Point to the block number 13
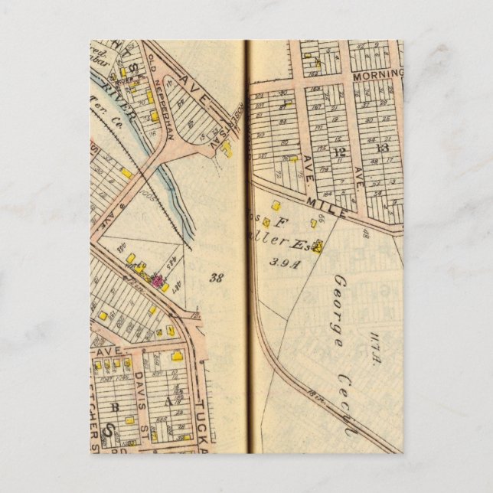382,147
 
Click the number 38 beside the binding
216,278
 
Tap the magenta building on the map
158,281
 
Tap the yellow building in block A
177,357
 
